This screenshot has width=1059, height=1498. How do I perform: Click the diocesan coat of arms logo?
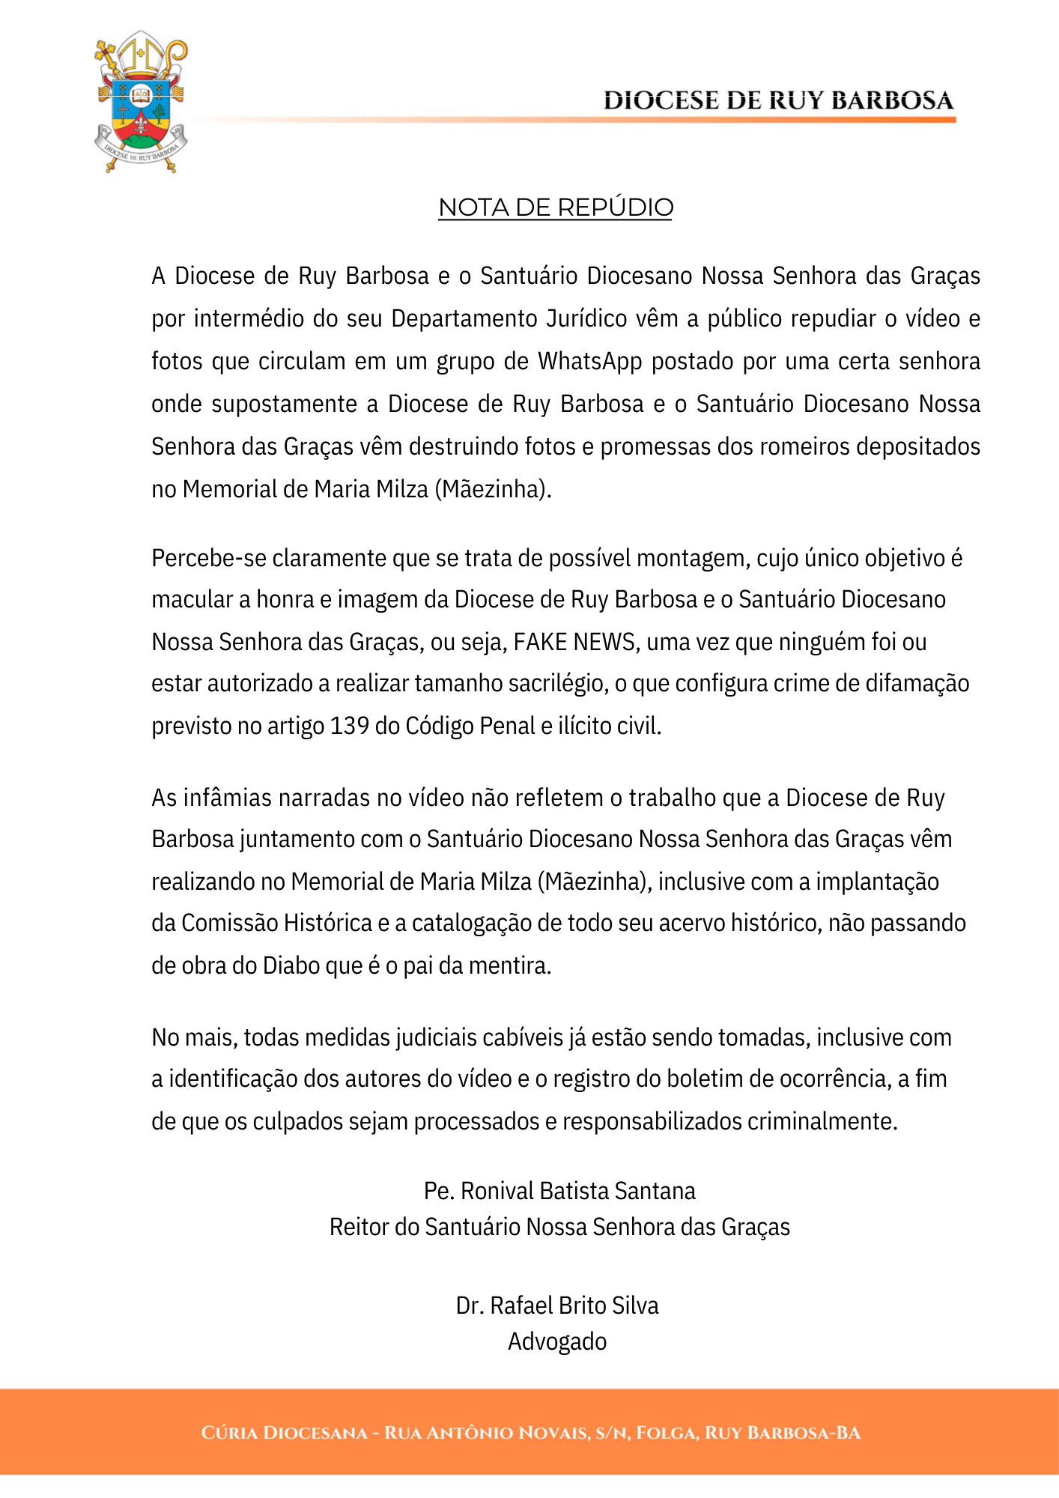click(x=140, y=102)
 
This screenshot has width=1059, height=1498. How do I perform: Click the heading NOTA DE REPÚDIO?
click(x=555, y=207)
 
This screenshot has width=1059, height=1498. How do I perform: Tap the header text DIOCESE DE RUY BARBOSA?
click(x=778, y=100)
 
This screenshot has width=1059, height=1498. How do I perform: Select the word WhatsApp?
click(x=589, y=361)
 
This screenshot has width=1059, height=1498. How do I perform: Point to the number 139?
click(x=349, y=726)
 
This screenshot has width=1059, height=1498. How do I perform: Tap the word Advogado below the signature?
click(x=557, y=1341)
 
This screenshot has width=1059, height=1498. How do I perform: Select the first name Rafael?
click(x=522, y=1306)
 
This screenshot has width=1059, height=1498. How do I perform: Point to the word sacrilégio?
click(x=553, y=683)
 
